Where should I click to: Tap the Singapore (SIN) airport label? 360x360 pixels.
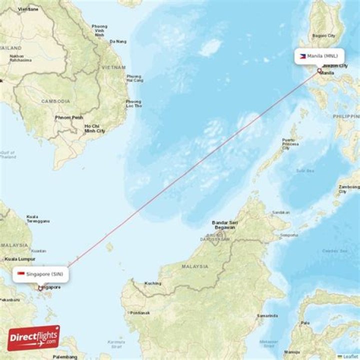tap(44, 274)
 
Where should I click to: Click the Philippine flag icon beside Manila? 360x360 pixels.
tap(303, 56)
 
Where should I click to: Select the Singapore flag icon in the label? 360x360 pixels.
tap(21, 274)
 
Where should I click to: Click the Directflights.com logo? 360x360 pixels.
tap(33, 338)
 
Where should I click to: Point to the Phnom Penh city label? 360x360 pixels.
tap(69, 118)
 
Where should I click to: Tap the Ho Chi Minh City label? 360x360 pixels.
tap(94, 128)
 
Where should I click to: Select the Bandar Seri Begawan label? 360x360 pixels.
tap(223, 224)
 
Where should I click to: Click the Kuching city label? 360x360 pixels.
tap(153, 283)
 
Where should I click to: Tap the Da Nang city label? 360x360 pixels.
tap(118, 41)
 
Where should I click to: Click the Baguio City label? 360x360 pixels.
tap(323, 36)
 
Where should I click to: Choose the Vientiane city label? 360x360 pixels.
tap(27, 9)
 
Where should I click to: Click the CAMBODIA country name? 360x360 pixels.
tap(55, 101)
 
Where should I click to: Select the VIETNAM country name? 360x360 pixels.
tap(113, 67)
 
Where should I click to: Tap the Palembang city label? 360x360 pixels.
tap(66, 357)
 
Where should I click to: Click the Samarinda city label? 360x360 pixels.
tap(267, 316)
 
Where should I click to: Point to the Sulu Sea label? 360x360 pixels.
tap(304, 170)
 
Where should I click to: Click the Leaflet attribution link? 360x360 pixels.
tap(350, 356)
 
